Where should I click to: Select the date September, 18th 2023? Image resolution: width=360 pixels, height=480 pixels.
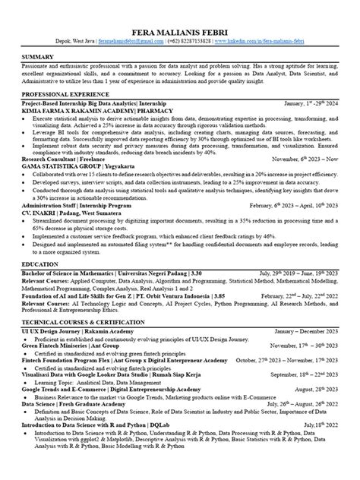click(302, 375)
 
